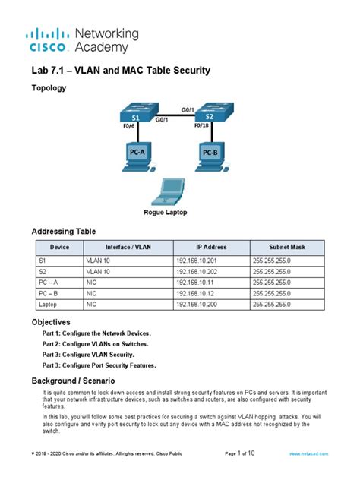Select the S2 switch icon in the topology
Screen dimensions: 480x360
[210, 113]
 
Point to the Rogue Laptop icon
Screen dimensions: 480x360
[171, 194]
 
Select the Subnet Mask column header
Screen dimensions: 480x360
[287, 248]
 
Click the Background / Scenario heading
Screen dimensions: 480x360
[73, 379]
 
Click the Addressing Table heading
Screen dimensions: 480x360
[63, 231]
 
